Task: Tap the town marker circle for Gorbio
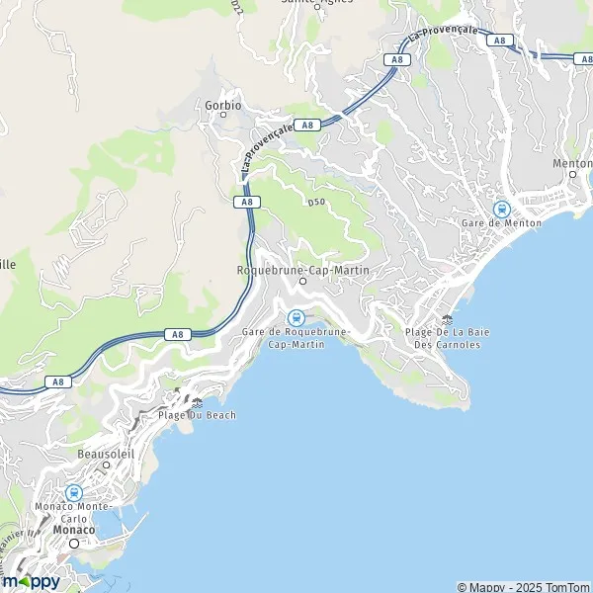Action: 223,115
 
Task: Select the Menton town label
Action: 573,163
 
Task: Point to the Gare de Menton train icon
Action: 501,209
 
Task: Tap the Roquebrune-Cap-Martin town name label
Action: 301,269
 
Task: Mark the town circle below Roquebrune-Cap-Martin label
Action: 302,281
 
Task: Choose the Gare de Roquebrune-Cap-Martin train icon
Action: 295,317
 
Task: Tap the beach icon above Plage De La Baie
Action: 448,319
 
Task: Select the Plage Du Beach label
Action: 197,415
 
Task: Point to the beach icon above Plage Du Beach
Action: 197,402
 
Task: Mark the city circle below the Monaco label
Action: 73,543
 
